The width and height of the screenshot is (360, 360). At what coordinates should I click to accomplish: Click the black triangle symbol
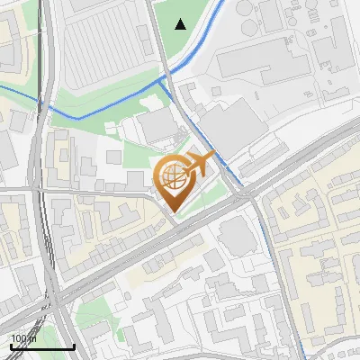pyautogui.click(x=181, y=24)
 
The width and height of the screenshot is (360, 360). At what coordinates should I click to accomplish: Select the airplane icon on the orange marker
pyautogui.click(x=199, y=163)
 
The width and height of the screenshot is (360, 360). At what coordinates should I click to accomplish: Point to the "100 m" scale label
pyautogui.click(x=23, y=338)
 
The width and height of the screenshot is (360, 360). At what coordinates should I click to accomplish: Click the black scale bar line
pyautogui.click(x=41, y=346)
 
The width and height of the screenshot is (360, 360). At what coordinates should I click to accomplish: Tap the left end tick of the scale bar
pyautogui.click(x=10, y=344)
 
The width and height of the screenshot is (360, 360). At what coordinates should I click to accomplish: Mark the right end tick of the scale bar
pyautogui.click(x=74, y=344)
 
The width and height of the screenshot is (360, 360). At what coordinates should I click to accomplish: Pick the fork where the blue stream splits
pyautogui.click(x=165, y=79)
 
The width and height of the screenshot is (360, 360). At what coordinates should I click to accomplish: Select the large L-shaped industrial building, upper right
pyautogui.click(x=261, y=63)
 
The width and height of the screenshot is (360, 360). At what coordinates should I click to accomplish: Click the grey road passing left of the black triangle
pyautogui.click(x=157, y=36)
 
